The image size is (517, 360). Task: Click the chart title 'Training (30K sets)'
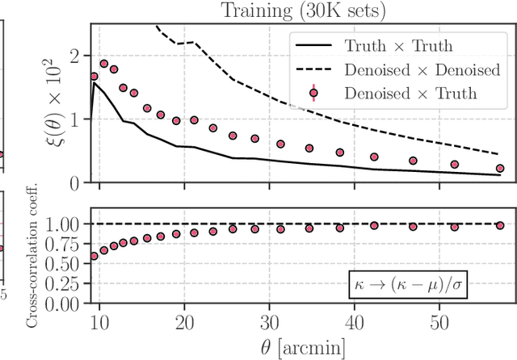pyautogui.click(x=301, y=10)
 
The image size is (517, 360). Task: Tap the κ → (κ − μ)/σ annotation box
pyautogui.click(x=431, y=283)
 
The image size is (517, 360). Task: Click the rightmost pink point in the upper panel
pyautogui.click(x=499, y=169)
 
